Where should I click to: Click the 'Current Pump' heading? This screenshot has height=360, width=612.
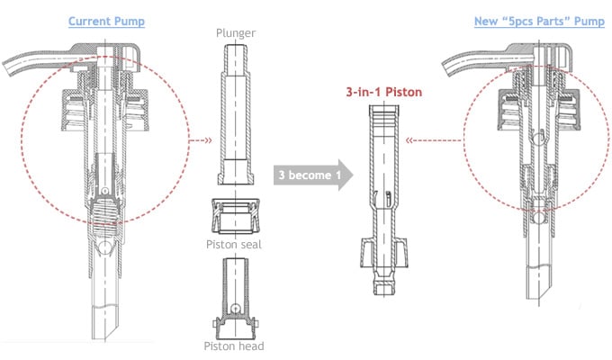[105, 21]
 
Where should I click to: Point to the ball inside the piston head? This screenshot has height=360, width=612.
[235, 308]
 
